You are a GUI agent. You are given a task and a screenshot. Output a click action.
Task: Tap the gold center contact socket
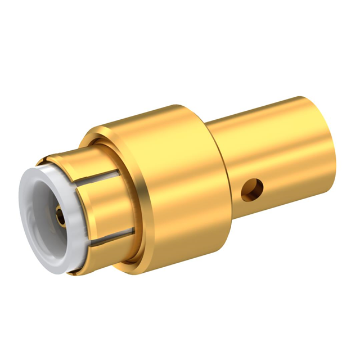[58, 213]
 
